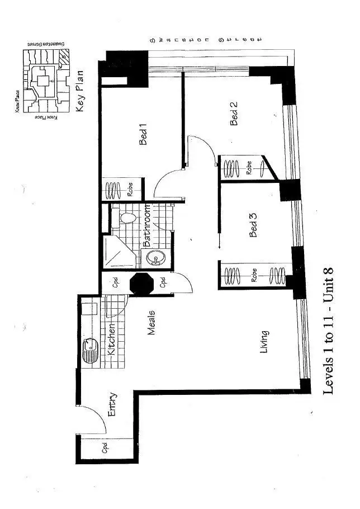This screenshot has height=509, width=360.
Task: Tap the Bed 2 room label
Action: [235, 113]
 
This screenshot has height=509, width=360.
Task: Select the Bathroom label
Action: [147, 227]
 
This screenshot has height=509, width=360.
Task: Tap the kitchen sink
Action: [89, 351]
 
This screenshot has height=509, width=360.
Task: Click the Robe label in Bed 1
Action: [130, 190]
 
